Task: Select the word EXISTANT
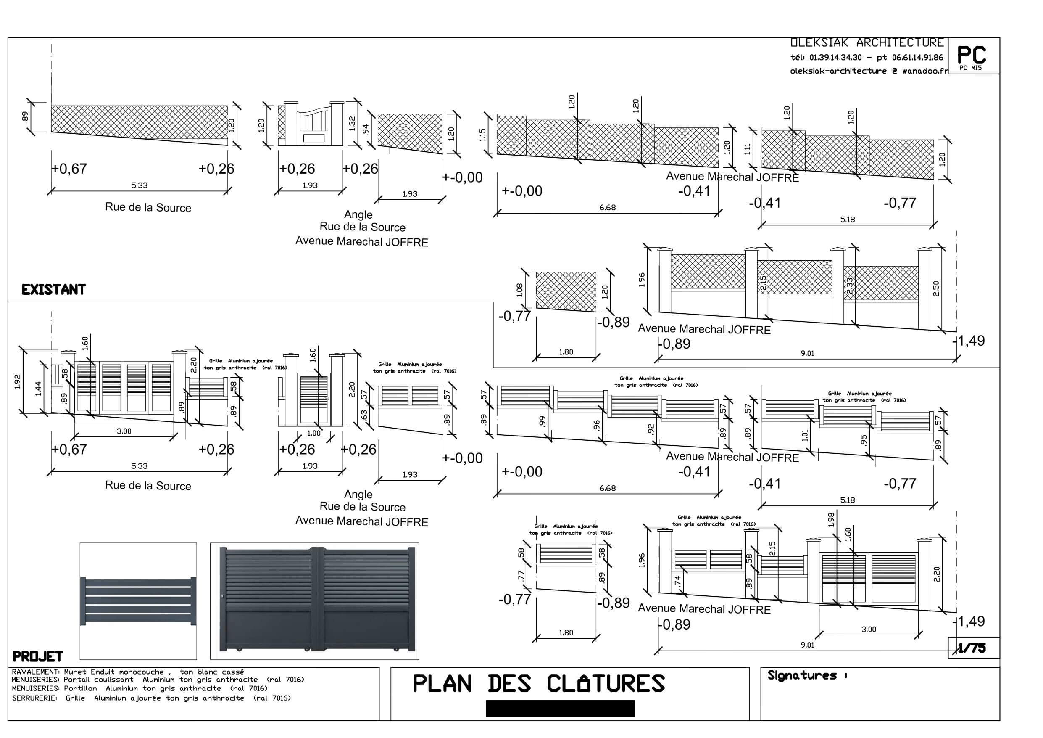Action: (x=54, y=290)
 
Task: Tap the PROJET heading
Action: (x=38, y=656)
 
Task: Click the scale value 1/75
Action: (x=972, y=648)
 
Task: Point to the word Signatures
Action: (x=802, y=675)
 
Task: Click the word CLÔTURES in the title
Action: (x=606, y=684)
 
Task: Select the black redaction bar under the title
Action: (x=560, y=709)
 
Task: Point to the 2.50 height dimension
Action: (x=936, y=288)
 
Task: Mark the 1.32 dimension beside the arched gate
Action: (x=352, y=123)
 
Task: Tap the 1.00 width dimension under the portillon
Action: (x=313, y=434)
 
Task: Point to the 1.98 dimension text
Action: (x=831, y=519)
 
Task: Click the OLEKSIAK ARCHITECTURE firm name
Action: (x=867, y=43)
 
